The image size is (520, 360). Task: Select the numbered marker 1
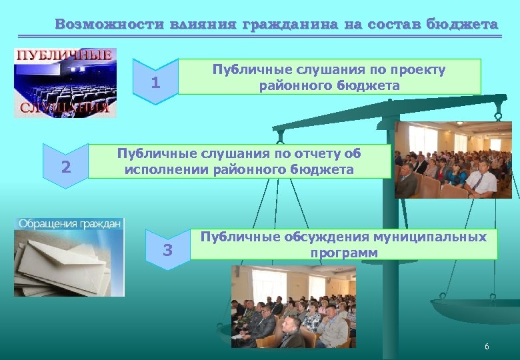click(155, 83)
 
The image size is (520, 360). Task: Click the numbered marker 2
click(65, 167)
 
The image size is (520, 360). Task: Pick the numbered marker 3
click(167, 251)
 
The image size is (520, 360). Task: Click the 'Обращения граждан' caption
click(69, 223)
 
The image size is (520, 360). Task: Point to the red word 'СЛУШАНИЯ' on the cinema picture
click(65, 109)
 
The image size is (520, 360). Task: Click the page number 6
click(487, 347)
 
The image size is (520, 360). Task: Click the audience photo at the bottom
click(293, 307)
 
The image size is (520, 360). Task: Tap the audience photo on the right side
click(453, 160)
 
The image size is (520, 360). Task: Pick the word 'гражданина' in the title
click(290, 25)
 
